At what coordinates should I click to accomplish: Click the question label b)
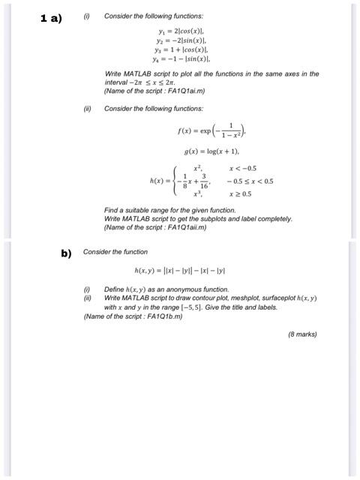(x=66, y=253)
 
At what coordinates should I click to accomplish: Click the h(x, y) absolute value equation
(x=180, y=271)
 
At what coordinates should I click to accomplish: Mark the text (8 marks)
(x=302, y=334)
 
